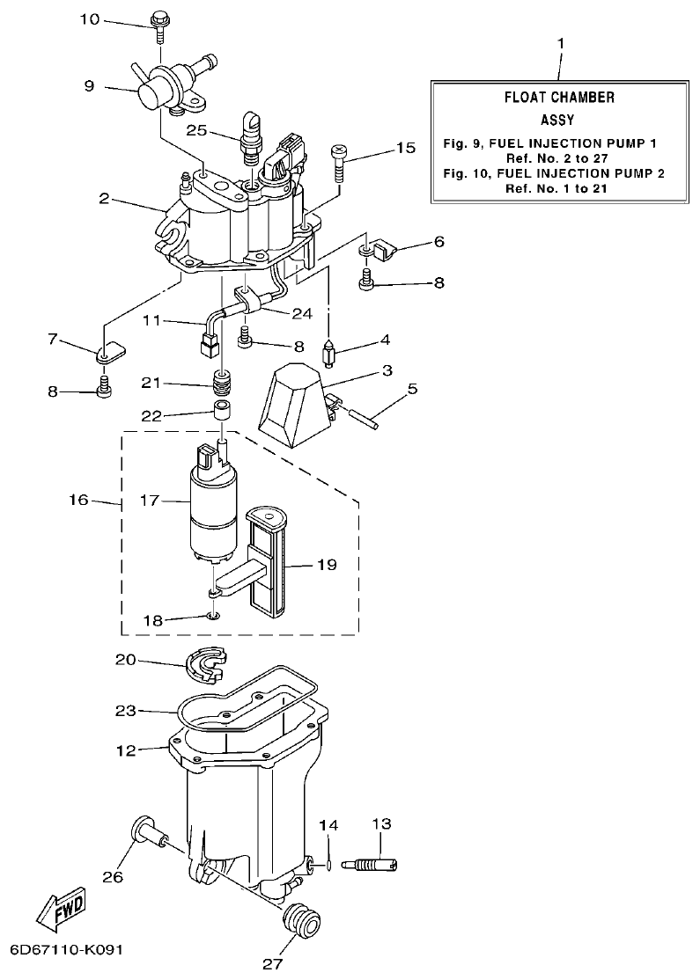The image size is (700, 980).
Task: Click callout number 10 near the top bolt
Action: coord(90,18)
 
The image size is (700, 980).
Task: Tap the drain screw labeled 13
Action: coord(377,864)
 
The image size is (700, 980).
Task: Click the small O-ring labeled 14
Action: coord(328,866)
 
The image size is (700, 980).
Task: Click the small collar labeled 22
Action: coord(225,412)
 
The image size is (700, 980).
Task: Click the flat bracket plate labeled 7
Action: coord(110,354)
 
